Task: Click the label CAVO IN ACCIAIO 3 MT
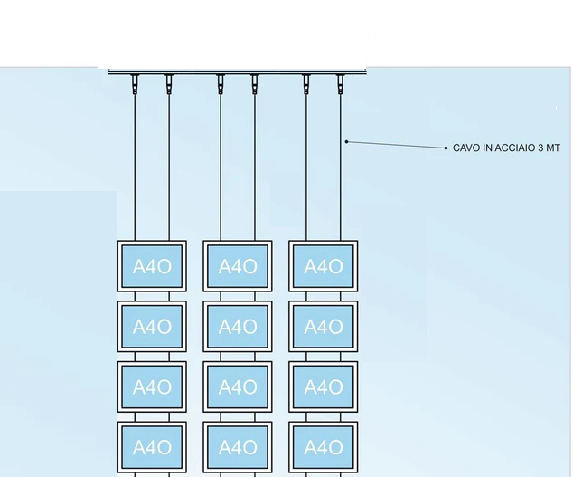pyautogui.click(x=506, y=148)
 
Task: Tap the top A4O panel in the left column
pyautogui.click(x=152, y=266)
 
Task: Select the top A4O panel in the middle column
pyautogui.click(x=238, y=266)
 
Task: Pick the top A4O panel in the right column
pyautogui.click(x=324, y=266)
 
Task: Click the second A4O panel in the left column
pyautogui.click(x=152, y=327)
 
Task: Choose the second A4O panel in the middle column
pyautogui.click(x=238, y=327)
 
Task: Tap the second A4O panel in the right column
pyautogui.click(x=324, y=327)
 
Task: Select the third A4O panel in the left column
pyautogui.click(x=152, y=387)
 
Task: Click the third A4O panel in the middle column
pyautogui.click(x=238, y=387)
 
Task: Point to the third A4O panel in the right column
pyautogui.click(x=324, y=387)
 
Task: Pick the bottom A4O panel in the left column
pyautogui.click(x=152, y=447)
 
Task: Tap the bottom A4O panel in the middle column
pyautogui.click(x=238, y=447)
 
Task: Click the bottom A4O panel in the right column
pyautogui.click(x=324, y=447)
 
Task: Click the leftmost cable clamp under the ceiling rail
pyautogui.click(x=135, y=84)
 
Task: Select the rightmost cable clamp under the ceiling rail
pyautogui.click(x=341, y=84)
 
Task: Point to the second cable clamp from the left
pyautogui.click(x=169, y=84)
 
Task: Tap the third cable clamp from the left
pyautogui.click(x=221, y=84)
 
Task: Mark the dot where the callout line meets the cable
pyautogui.click(x=346, y=141)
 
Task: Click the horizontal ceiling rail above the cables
pyautogui.click(x=238, y=72)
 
